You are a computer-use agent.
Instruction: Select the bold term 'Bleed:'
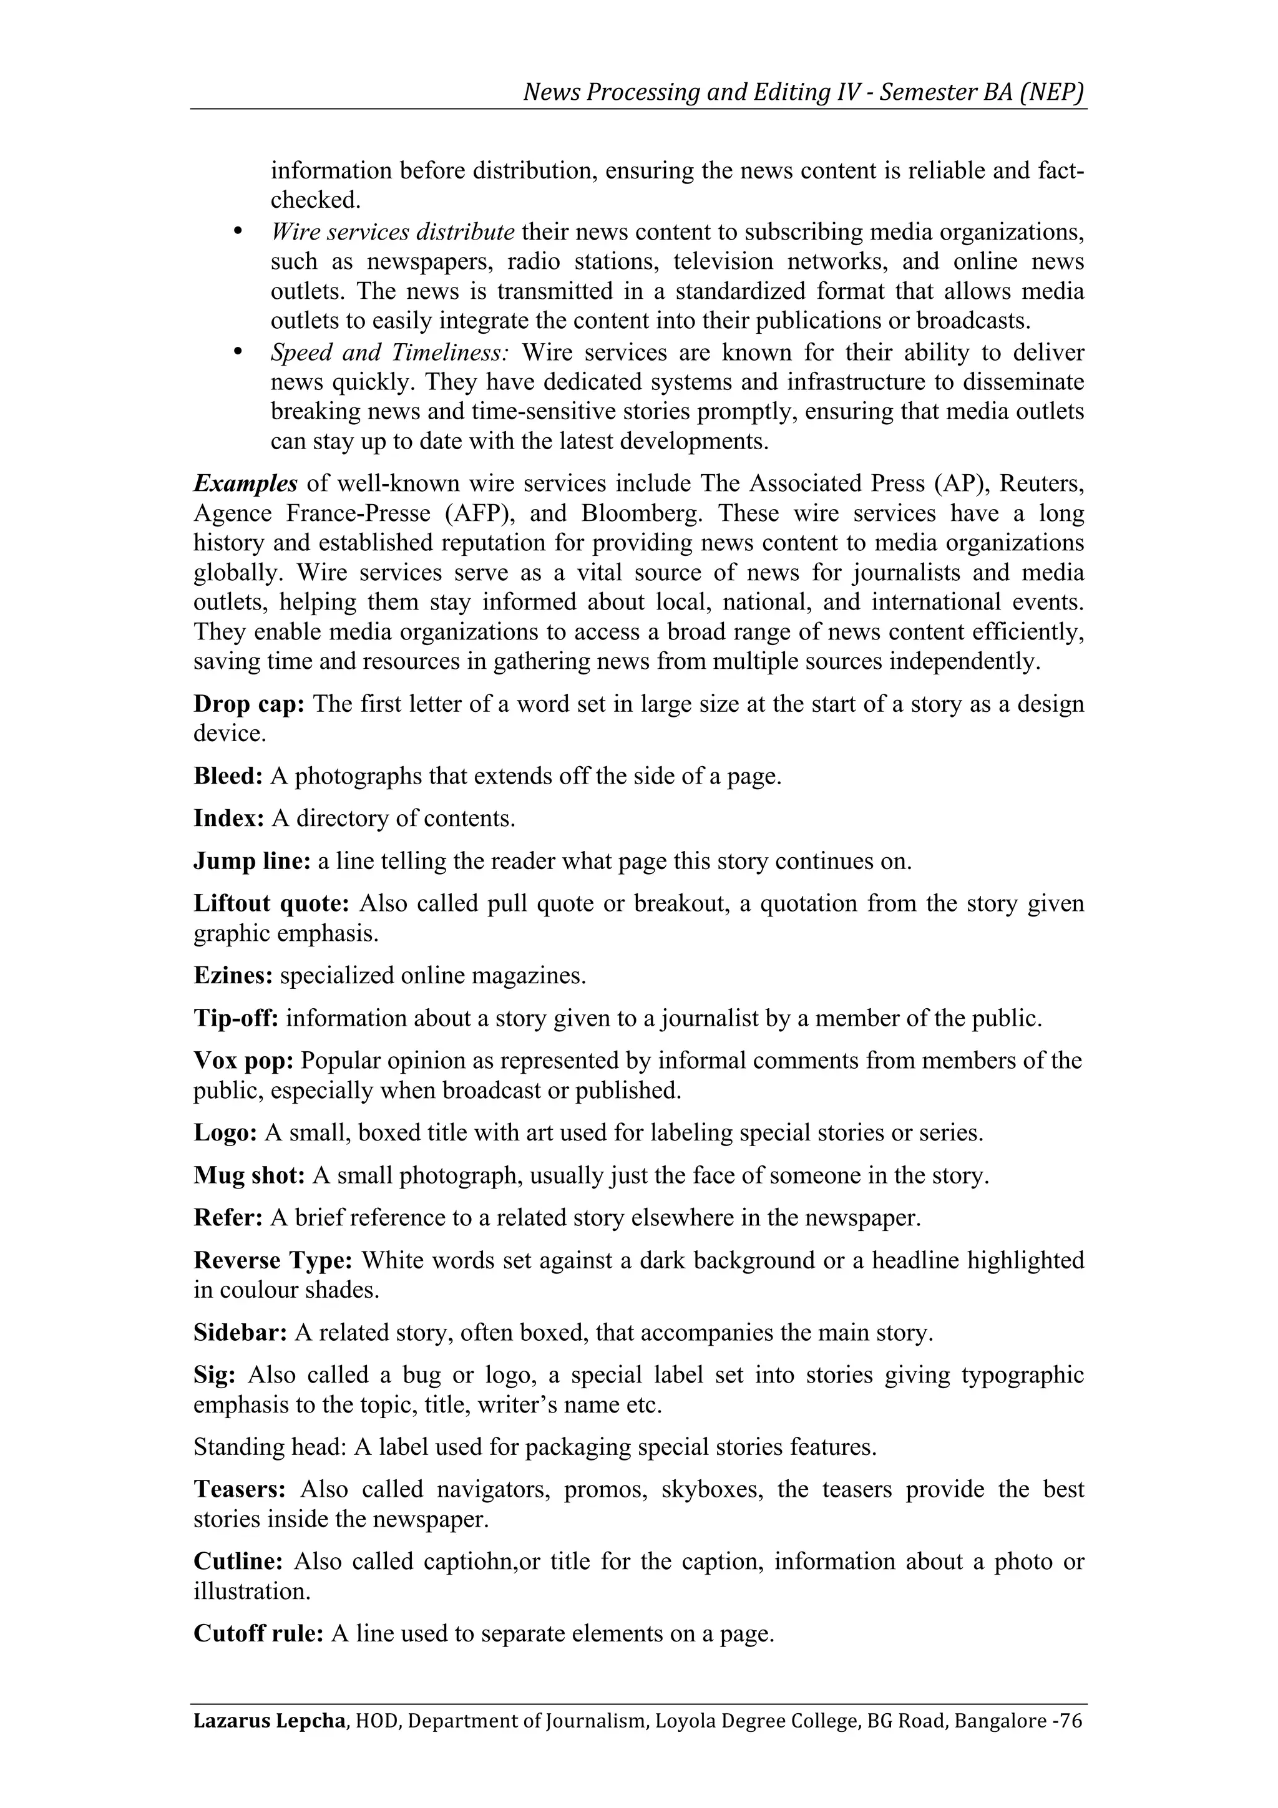click(228, 777)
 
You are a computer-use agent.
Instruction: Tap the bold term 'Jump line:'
click(252, 861)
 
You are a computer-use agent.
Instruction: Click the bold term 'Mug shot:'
click(250, 1175)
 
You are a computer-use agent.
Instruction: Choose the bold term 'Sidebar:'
click(241, 1333)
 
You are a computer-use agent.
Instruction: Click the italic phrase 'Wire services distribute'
click(392, 232)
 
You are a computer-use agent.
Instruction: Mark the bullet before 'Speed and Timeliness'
click(238, 352)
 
